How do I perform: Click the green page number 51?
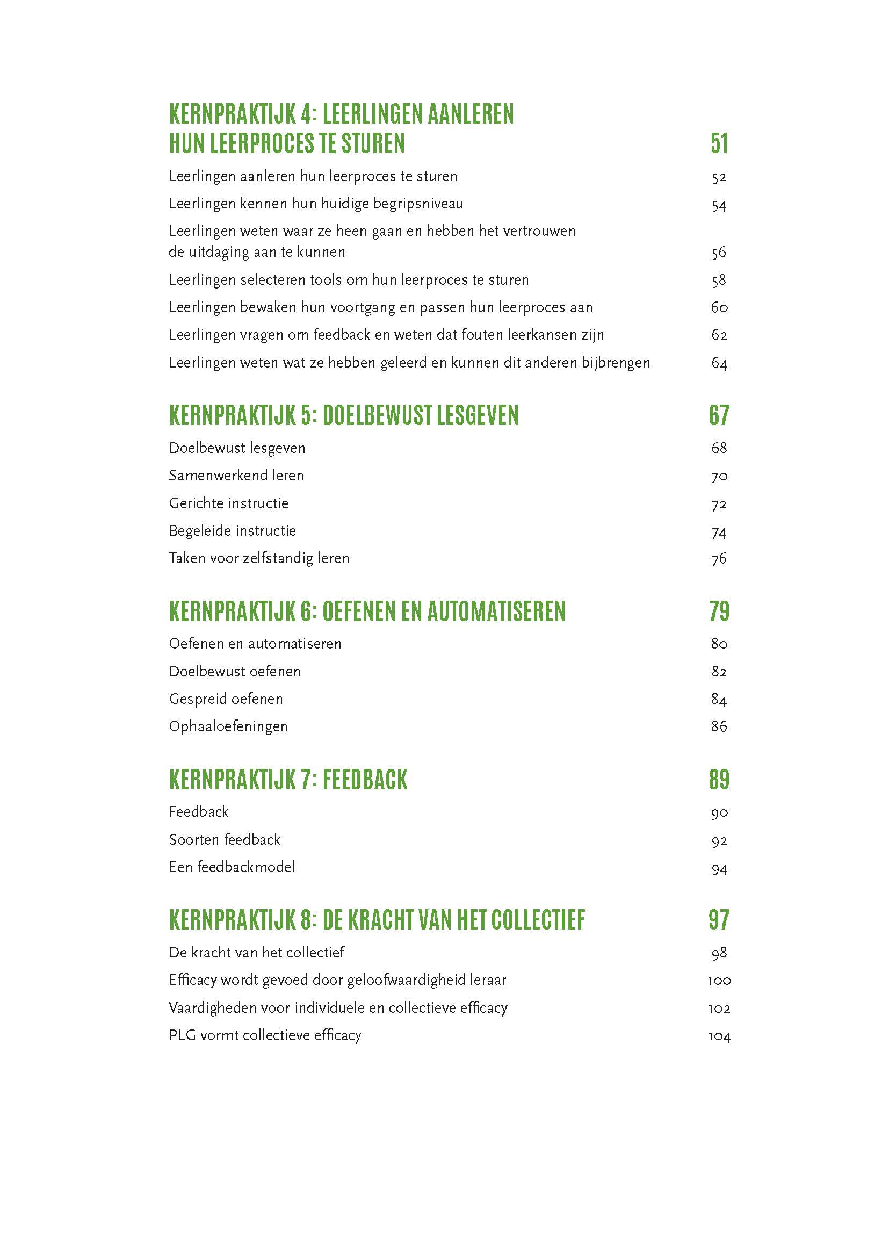[719, 143]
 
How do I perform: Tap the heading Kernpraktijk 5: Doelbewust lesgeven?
[344, 415]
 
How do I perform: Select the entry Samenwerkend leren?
[236, 475]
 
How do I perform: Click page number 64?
[719, 363]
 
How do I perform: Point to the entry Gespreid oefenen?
[226, 699]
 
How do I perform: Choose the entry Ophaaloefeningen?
[228, 726]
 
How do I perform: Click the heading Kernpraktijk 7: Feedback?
[288, 780]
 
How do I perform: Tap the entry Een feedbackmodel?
[232, 867]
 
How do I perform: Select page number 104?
[719, 1036]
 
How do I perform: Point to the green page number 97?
[719, 920]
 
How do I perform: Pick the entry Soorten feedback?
[225, 840]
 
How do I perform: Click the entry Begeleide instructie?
[232, 531]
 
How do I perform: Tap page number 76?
[719, 559]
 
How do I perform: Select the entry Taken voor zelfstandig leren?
[259, 558]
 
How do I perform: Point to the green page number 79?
[719, 611]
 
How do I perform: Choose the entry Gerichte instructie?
[228, 503]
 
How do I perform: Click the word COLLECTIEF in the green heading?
[538, 920]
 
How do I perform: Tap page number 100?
[719, 981]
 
